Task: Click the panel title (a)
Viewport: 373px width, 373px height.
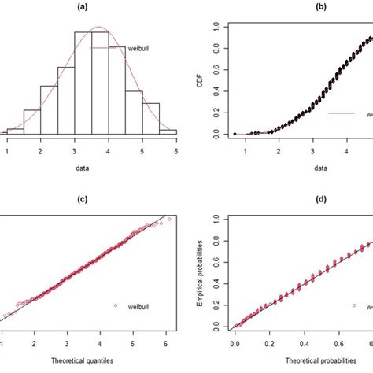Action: point(91,6)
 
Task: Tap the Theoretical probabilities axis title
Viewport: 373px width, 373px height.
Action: point(301,360)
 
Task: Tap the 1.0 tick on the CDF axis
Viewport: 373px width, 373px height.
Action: point(216,24)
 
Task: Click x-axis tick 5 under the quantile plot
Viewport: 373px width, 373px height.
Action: point(133,342)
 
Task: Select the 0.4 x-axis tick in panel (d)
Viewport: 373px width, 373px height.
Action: point(301,342)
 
